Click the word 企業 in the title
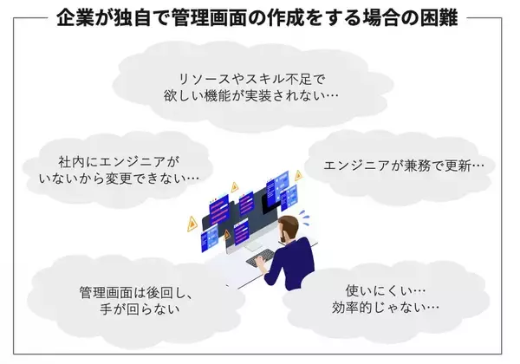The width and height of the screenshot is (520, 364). coord(71,17)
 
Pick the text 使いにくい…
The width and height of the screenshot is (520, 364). coord(385,288)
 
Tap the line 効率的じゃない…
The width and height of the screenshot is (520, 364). coord(385,307)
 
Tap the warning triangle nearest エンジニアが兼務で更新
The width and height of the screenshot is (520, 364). coord(298,175)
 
